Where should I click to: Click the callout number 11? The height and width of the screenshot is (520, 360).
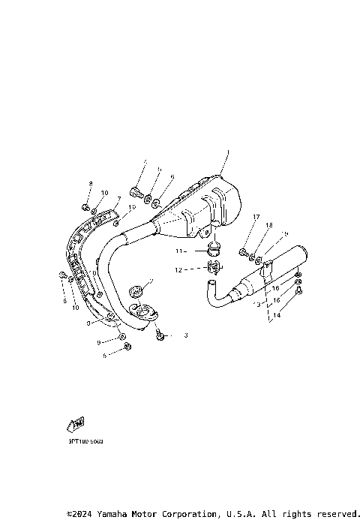tap(179, 251)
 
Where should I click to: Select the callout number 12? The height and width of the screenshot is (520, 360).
tap(179, 269)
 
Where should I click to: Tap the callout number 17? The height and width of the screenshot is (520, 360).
tap(256, 218)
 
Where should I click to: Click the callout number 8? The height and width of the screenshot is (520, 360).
tap(90, 184)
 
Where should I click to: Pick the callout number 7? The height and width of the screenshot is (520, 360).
tap(118, 199)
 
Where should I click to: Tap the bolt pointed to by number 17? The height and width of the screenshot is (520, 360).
tap(244, 252)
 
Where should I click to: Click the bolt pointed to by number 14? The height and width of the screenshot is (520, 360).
tap(298, 290)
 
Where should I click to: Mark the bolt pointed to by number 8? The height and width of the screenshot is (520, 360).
tap(85, 206)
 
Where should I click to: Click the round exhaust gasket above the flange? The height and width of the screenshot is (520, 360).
tap(137, 290)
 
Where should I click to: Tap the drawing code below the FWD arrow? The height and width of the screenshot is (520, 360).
tap(85, 442)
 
